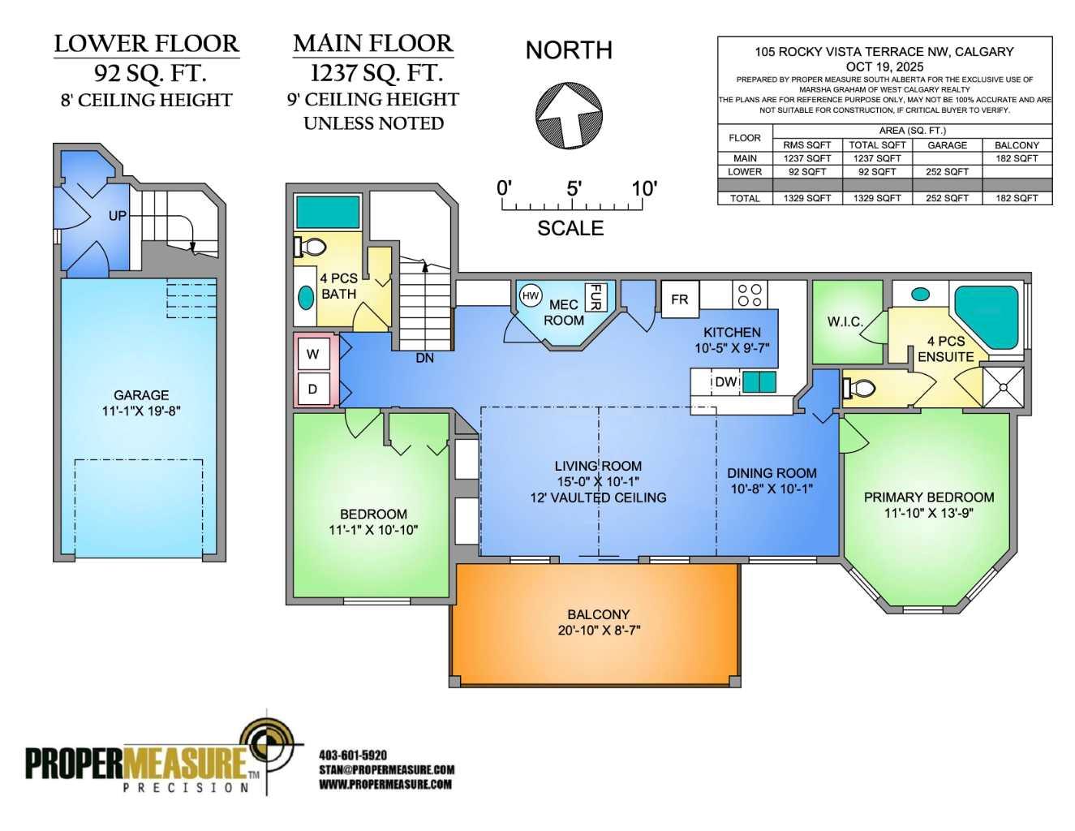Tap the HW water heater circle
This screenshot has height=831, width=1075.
coord(531,296)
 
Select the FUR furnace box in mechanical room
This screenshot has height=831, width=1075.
coord(595,297)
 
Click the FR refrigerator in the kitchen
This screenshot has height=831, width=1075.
coord(680,299)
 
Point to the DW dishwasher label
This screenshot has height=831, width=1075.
coord(725,382)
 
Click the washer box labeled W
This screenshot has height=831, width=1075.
coord(313,354)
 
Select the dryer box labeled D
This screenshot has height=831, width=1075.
coord(313,390)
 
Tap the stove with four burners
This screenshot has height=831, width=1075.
coord(750,295)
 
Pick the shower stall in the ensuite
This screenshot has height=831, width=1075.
coord(1003,386)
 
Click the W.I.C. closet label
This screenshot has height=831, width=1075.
coord(845,322)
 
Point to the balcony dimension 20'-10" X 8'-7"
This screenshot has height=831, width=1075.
coord(599,630)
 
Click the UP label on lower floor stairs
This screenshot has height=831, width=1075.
coord(118,216)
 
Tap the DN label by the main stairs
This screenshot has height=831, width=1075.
coord(424,358)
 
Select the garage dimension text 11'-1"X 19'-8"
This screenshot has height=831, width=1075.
coord(141,411)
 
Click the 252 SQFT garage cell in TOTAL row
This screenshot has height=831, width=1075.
coord(947,198)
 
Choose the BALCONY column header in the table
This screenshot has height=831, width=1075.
coord(1017,145)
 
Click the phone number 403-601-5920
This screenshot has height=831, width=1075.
coord(353,755)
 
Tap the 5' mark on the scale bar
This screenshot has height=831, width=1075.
coord(574,189)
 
